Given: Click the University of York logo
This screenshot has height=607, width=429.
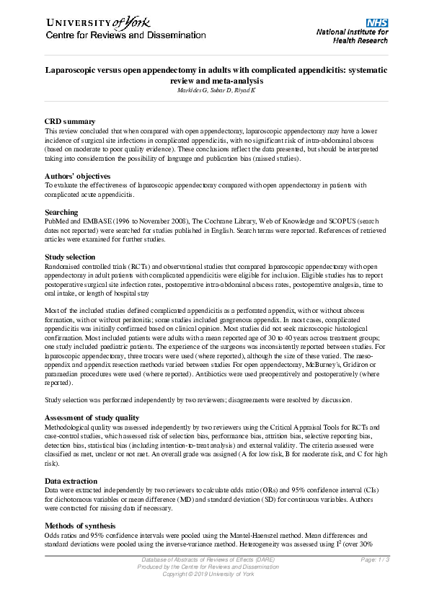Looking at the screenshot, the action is point(94,22).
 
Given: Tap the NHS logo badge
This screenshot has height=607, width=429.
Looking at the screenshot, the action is point(377,22).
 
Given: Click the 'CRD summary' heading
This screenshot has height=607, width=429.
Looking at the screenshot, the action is point(70,121).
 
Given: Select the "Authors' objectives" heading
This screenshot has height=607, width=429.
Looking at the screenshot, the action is point(77,176).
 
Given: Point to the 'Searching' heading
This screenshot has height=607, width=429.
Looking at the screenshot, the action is point(61,212).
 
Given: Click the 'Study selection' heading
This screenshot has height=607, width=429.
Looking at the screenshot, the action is point(74,257).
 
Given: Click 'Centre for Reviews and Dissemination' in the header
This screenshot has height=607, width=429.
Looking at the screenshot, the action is point(115,36).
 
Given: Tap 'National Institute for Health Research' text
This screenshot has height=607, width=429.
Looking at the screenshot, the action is point(352,37).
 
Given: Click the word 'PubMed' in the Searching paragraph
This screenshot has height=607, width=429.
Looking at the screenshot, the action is point(57,222).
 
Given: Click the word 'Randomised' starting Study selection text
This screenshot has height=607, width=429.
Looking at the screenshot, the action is point(63,267).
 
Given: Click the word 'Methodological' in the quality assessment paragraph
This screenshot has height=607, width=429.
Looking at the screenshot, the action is point(69,428).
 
